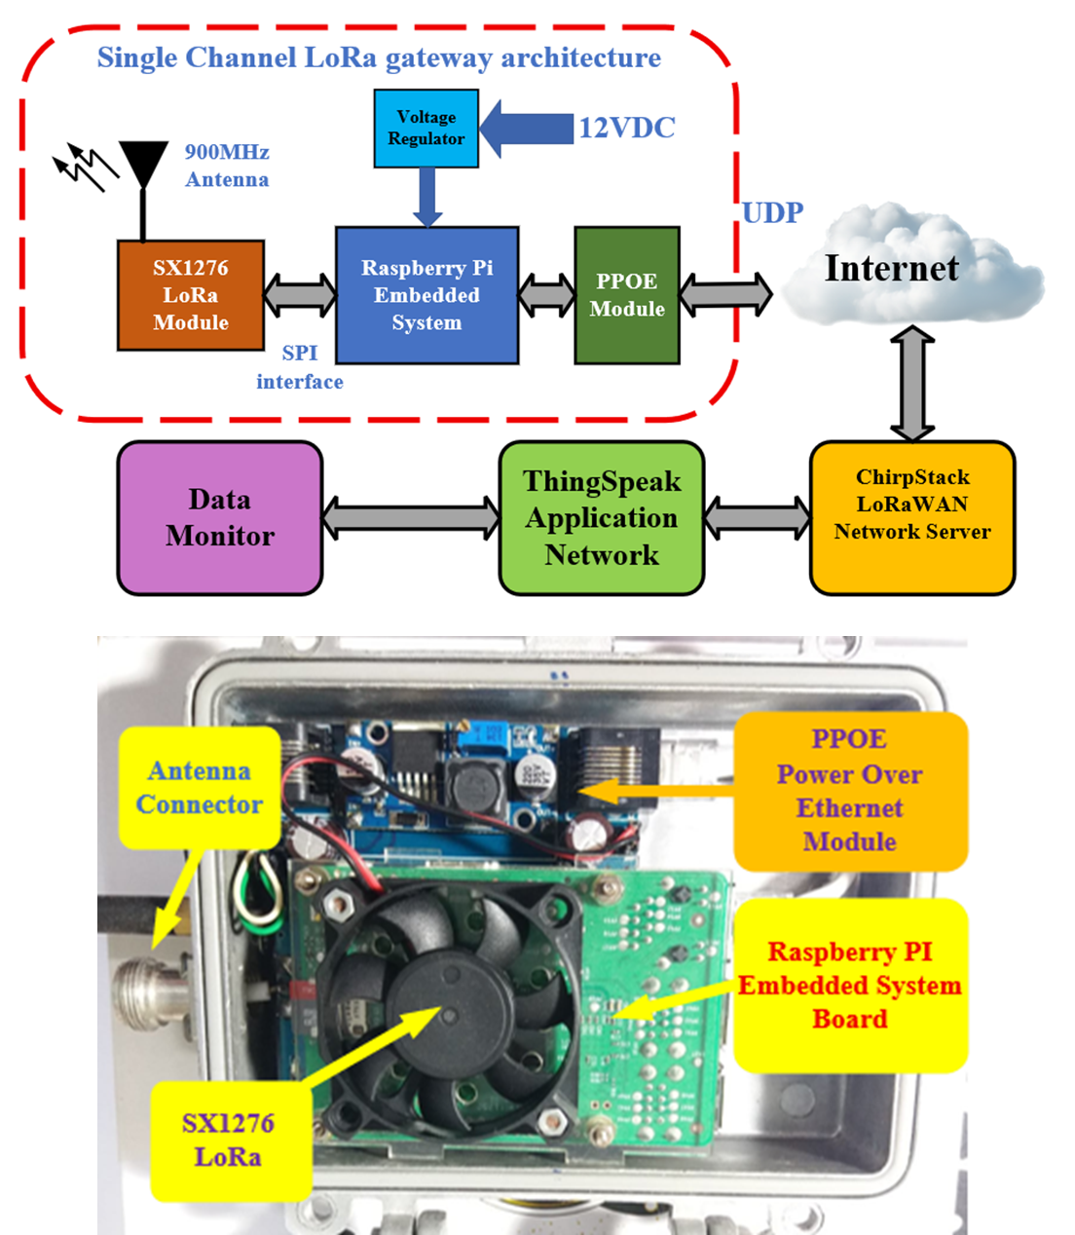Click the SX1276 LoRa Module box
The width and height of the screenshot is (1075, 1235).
coord(191,295)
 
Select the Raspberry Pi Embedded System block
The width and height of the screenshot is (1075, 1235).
coord(426,295)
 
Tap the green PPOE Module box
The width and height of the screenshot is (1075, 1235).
coord(626,295)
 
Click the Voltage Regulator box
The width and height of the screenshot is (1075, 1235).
coord(426,129)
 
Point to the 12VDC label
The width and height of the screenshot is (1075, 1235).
coord(627,128)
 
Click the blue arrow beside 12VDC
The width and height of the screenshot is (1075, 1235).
coord(526,128)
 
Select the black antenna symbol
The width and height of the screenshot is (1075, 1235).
coord(143,166)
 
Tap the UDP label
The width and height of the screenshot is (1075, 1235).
coord(772,213)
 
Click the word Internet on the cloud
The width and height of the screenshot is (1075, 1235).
coord(891,269)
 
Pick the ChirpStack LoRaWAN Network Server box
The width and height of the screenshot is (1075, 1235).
coord(912,517)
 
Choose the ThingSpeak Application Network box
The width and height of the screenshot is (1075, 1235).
coord(602,517)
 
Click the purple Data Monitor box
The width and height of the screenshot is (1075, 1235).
coord(220,517)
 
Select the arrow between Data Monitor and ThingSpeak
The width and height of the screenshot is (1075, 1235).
coord(411,517)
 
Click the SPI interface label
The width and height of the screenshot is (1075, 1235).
coord(300,367)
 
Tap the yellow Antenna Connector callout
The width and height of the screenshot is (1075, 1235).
coord(200,787)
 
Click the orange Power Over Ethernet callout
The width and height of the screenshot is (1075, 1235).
coord(850,791)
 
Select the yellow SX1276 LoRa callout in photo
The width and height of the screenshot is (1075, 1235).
coord(229,1140)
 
